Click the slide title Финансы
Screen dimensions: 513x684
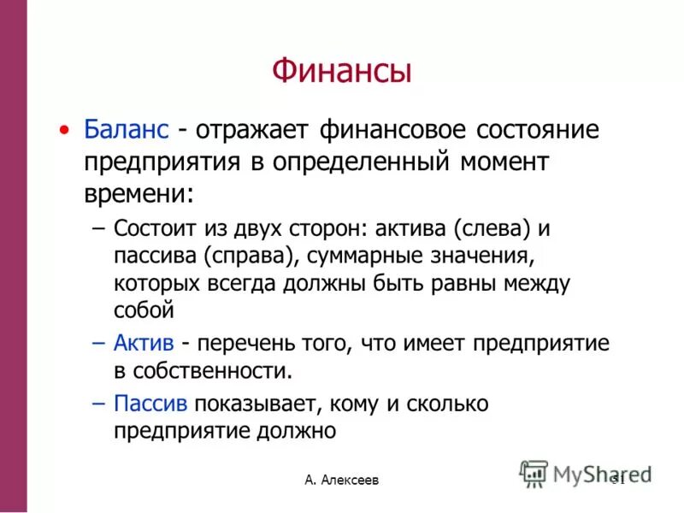pos(342,70)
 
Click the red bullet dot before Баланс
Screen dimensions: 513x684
pos(64,130)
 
